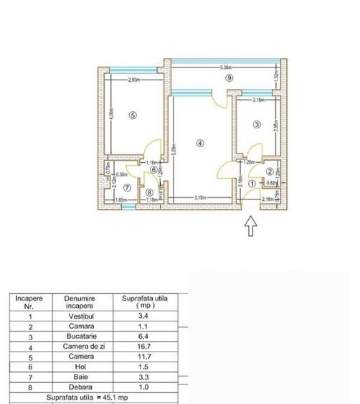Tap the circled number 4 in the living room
[x=200, y=142]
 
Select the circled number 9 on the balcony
[x=229, y=77]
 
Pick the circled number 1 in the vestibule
[x=251, y=184]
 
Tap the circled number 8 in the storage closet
[x=149, y=192]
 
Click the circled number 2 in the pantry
[x=270, y=172]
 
